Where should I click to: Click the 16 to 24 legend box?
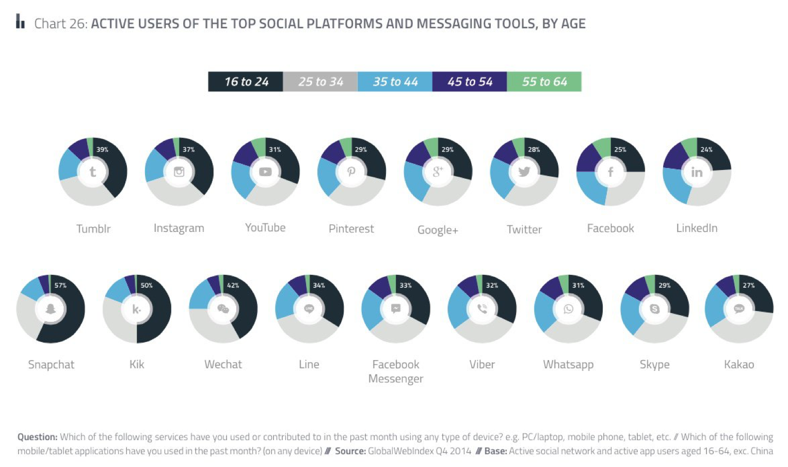(x=246, y=82)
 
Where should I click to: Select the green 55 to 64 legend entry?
(x=544, y=82)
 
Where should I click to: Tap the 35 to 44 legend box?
(x=395, y=82)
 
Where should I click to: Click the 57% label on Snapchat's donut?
(x=60, y=285)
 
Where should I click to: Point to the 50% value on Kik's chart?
(x=147, y=285)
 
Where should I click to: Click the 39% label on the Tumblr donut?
(x=102, y=149)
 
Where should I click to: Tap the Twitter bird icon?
(x=524, y=172)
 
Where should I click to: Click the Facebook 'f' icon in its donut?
(x=610, y=172)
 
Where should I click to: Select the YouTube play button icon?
(x=265, y=172)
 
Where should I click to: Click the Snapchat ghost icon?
(x=51, y=309)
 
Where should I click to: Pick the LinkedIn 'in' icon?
(x=697, y=172)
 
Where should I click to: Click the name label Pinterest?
(x=351, y=228)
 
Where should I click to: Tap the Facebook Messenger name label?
(x=396, y=371)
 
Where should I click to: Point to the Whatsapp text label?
(x=568, y=364)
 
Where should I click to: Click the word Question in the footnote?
(x=37, y=437)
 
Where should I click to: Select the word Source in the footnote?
(x=350, y=451)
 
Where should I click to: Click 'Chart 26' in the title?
(x=60, y=24)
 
